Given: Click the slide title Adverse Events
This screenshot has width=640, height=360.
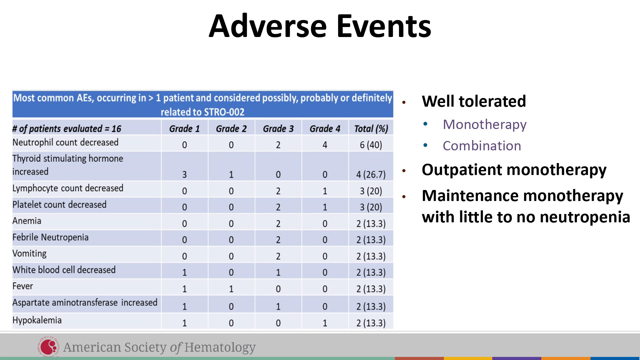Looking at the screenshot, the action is pyautogui.click(x=320, y=26).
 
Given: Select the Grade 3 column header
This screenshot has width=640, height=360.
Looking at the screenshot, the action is pyautogui.click(x=278, y=129).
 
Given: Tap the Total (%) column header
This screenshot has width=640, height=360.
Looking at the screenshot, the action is pyautogui.click(x=371, y=129).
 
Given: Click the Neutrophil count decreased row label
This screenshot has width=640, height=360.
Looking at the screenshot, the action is pyautogui.click(x=65, y=142).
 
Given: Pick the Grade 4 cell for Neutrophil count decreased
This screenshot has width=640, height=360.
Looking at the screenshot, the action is pyautogui.click(x=325, y=145).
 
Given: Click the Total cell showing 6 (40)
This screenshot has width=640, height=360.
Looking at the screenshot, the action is pyautogui.click(x=371, y=145).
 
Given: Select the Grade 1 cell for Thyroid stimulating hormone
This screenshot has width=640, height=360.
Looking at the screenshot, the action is pyautogui.click(x=184, y=174).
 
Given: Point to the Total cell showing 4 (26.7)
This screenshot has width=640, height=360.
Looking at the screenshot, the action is pyautogui.click(x=371, y=175).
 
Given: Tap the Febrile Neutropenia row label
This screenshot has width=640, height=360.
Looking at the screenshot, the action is pyautogui.click(x=50, y=237).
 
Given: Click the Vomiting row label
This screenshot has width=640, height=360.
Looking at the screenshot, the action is pyautogui.click(x=29, y=254).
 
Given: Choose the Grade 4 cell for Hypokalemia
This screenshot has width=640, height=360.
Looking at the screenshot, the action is pyautogui.click(x=325, y=323).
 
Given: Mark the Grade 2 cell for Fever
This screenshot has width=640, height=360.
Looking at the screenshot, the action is pyautogui.click(x=231, y=289).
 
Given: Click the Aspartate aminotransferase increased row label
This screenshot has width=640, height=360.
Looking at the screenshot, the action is pyautogui.click(x=85, y=303).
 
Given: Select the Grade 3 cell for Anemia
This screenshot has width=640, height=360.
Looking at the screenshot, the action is pyautogui.click(x=278, y=224).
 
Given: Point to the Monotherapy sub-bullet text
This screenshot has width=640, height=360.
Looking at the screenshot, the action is pyautogui.click(x=485, y=125).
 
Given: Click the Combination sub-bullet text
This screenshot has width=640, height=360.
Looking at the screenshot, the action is pyautogui.click(x=482, y=146).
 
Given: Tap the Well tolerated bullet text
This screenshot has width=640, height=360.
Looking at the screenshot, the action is pyautogui.click(x=474, y=101).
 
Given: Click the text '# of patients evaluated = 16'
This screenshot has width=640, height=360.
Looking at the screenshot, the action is pyautogui.click(x=67, y=129).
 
